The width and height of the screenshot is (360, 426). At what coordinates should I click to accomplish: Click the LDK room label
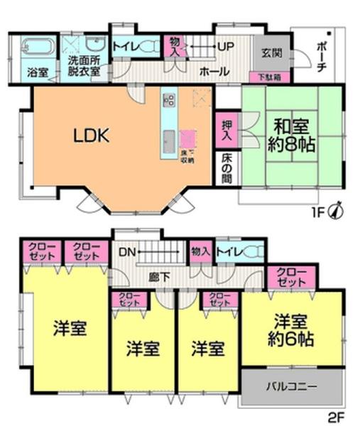(x=92, y=136)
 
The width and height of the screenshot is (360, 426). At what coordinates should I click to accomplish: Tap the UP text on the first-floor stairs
(x=226, y=47)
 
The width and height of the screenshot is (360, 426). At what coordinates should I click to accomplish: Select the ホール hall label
(x=214, y=71)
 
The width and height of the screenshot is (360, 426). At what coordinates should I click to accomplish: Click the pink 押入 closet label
(x=227, y=128)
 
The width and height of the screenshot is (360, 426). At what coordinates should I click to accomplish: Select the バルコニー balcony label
(x=292, y=388)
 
